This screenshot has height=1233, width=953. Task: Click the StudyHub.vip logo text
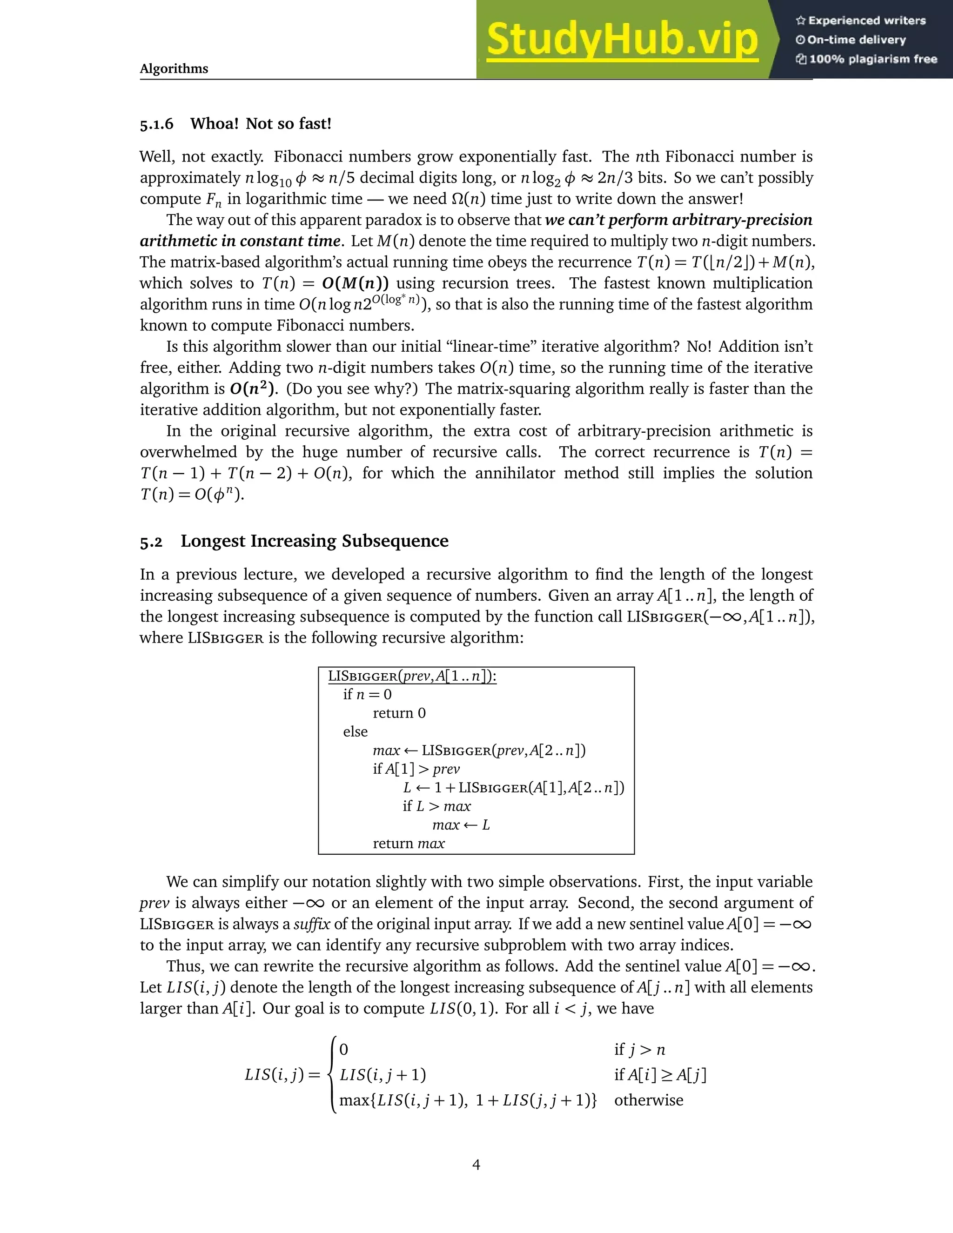tap(621, 40)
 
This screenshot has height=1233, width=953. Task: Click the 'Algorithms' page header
tap(174, 69)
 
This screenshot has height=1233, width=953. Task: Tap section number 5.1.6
tap(156, 124)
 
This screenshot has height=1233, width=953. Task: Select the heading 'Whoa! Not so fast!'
tap(261, 124)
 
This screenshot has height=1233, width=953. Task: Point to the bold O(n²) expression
tap(254, 389)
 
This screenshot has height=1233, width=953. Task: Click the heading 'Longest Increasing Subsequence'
tap(315, 541)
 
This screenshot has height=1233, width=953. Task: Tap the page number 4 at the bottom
tap(476, 1165)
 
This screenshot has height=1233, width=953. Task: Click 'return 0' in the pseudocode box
tap(399, 713)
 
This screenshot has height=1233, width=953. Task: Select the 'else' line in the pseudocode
tap(355, 732)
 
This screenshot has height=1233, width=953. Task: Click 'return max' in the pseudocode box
tap(408, 844)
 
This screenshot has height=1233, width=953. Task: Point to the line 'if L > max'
tap(436, 806)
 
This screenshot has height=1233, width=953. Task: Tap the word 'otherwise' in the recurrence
tap(649, 1100)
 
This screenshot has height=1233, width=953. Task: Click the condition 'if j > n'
tap(640, 1050)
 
